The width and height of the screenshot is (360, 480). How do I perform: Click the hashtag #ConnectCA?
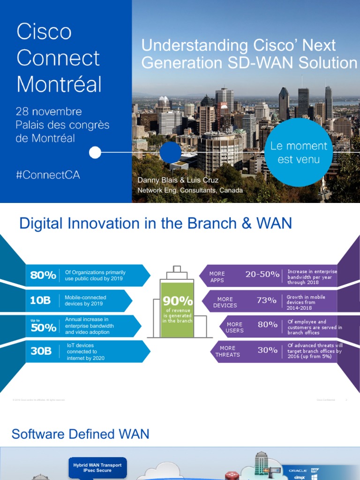coord(48,174)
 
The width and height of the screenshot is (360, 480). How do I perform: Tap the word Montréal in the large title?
coord(59,84)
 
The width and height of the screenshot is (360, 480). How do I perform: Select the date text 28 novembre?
coord(49,112)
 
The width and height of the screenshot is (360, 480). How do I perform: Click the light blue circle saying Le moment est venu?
coord(299,153)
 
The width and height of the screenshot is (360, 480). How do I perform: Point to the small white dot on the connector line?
coord(95,152)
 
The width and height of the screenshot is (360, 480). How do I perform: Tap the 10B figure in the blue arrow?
coord(40,300)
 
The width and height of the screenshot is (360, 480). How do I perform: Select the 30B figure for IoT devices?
coord(41,351)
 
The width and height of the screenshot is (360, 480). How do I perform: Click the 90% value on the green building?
coord(178,300)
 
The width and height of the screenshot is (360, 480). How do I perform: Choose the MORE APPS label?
coord(217,277)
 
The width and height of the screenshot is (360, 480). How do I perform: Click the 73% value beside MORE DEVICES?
coord(266,300)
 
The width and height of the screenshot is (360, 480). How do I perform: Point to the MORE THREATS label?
coord(227,351)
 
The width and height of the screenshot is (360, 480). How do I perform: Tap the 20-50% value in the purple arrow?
coord(262,274)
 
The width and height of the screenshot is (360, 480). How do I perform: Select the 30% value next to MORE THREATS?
coord(267,350)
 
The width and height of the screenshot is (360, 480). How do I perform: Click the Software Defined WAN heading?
coord(80,434)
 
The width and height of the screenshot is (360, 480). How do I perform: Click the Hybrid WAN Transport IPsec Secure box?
coord(97,468)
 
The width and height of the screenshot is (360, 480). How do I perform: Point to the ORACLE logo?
coord(298,470)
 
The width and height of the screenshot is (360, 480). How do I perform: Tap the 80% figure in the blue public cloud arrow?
coord(43,275)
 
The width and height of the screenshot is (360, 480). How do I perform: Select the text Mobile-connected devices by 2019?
coord(85,300)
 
